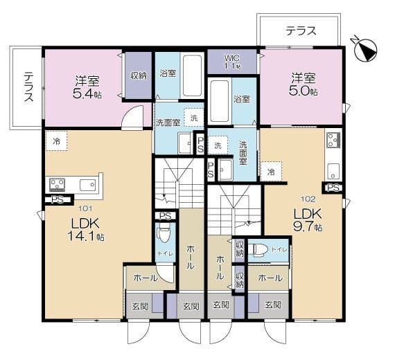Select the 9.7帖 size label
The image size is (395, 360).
coord(308,226)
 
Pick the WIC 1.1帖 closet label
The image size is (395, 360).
coord(232,62)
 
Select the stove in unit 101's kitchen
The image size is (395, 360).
coord(58,185)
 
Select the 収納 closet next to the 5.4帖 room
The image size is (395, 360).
coord(139,75)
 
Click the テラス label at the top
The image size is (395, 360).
coord(301,30)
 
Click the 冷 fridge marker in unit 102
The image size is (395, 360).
coord(271,170)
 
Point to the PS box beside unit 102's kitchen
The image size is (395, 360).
coord(333,188)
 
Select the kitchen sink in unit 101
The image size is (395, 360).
coord(87,185)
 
